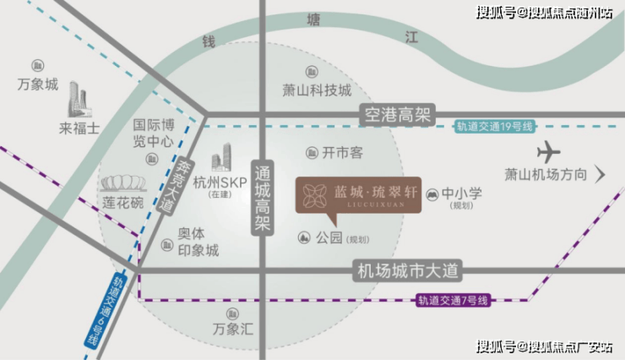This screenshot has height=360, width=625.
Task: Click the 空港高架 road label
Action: click(x=397, y=115)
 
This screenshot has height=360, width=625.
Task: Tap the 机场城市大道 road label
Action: click(x=407, y=271)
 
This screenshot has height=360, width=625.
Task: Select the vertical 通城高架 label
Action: click(x=263, y=198)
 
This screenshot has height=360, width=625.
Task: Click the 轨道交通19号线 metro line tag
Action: click(x=495, y=127)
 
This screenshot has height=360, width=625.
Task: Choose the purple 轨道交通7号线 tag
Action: click(x=454, y=300)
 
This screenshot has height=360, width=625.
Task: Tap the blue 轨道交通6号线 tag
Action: click(x=105, y=311)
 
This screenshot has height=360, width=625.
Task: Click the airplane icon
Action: click(x=548, y=151)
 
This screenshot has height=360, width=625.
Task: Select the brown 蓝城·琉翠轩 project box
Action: click(x=358, y=196)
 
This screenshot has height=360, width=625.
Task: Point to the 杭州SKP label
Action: click(x=220, y=183)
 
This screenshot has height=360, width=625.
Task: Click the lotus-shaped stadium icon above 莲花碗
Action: click(x=123, y=183)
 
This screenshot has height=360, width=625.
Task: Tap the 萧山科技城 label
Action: click(x=317, y=90)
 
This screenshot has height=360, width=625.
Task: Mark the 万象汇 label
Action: click(x=233, y=329)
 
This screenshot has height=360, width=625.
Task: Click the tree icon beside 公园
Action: click(x=304, y=238)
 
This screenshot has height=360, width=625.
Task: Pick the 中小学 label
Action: click(x=462, y=194)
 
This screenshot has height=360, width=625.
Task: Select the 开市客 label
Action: click(x=342, y=153)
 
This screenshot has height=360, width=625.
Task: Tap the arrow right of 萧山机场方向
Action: click(x=601, y=174)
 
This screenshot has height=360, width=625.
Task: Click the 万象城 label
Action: click(x=38, y=85)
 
